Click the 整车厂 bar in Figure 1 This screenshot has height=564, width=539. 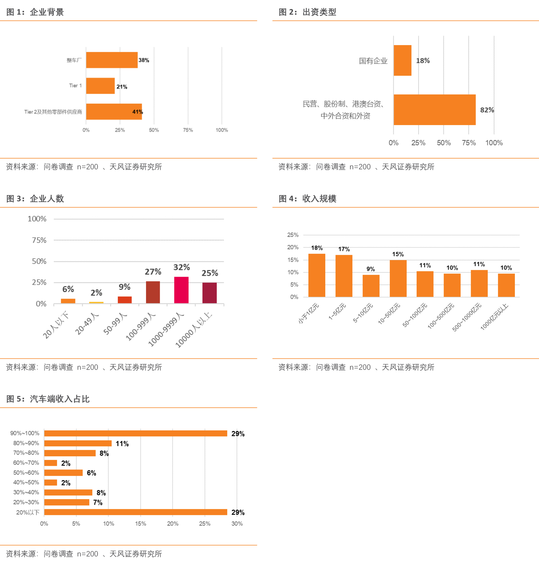tap(112, 60)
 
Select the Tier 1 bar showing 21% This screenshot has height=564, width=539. tap(100, 86)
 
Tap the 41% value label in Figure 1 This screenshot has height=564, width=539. tap(138, 112)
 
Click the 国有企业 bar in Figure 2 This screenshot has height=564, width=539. tap(402, 60)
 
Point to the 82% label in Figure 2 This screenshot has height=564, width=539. tap(487, 110)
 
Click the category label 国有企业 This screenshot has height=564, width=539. tap(373, 61)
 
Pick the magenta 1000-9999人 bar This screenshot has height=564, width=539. tap(181, 290)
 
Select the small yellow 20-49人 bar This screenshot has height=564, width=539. tap(96, 303)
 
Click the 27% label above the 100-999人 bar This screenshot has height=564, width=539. tap(153, 272)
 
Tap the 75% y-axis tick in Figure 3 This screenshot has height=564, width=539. tap(39, 240)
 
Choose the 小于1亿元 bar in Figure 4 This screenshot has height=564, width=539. tap(317, 275)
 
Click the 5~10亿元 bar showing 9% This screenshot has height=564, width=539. tap(371, 286)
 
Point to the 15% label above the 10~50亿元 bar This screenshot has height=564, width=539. tap(398, 254)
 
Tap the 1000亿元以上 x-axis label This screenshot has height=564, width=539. tap(494, 317)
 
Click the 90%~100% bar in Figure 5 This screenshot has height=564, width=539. tap(136, 433)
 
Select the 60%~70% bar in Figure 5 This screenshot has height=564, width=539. tap(51, 463)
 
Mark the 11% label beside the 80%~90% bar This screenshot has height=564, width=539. tap(122, 444)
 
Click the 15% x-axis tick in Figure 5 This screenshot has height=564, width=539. tap(141, 523)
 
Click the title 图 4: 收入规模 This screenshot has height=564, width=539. tap(307, 198)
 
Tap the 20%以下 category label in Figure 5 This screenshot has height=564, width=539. tap(28, 512)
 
